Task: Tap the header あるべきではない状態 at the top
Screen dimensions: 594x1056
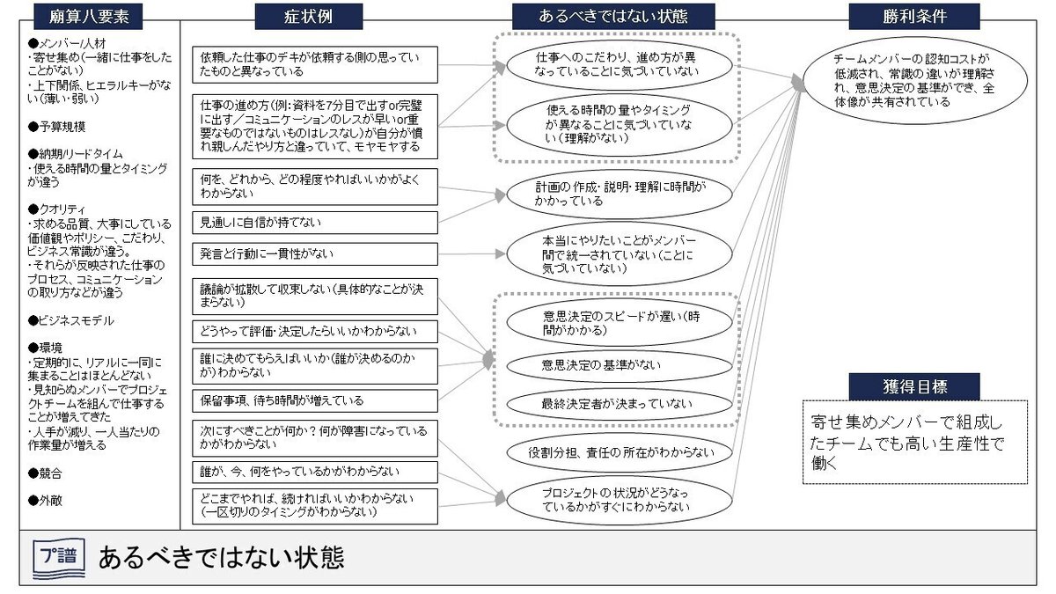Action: [x=613, y=16]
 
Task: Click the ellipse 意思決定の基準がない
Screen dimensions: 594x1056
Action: [x=613, y=364]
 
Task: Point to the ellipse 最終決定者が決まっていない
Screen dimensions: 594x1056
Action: [x=613, y=403]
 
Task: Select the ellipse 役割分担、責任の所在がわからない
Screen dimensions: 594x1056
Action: [x=613, y=452]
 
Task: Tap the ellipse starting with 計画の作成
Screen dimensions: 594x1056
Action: [x=613, y=194]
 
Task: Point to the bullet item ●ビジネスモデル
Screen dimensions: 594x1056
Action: [x=71, y=320]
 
